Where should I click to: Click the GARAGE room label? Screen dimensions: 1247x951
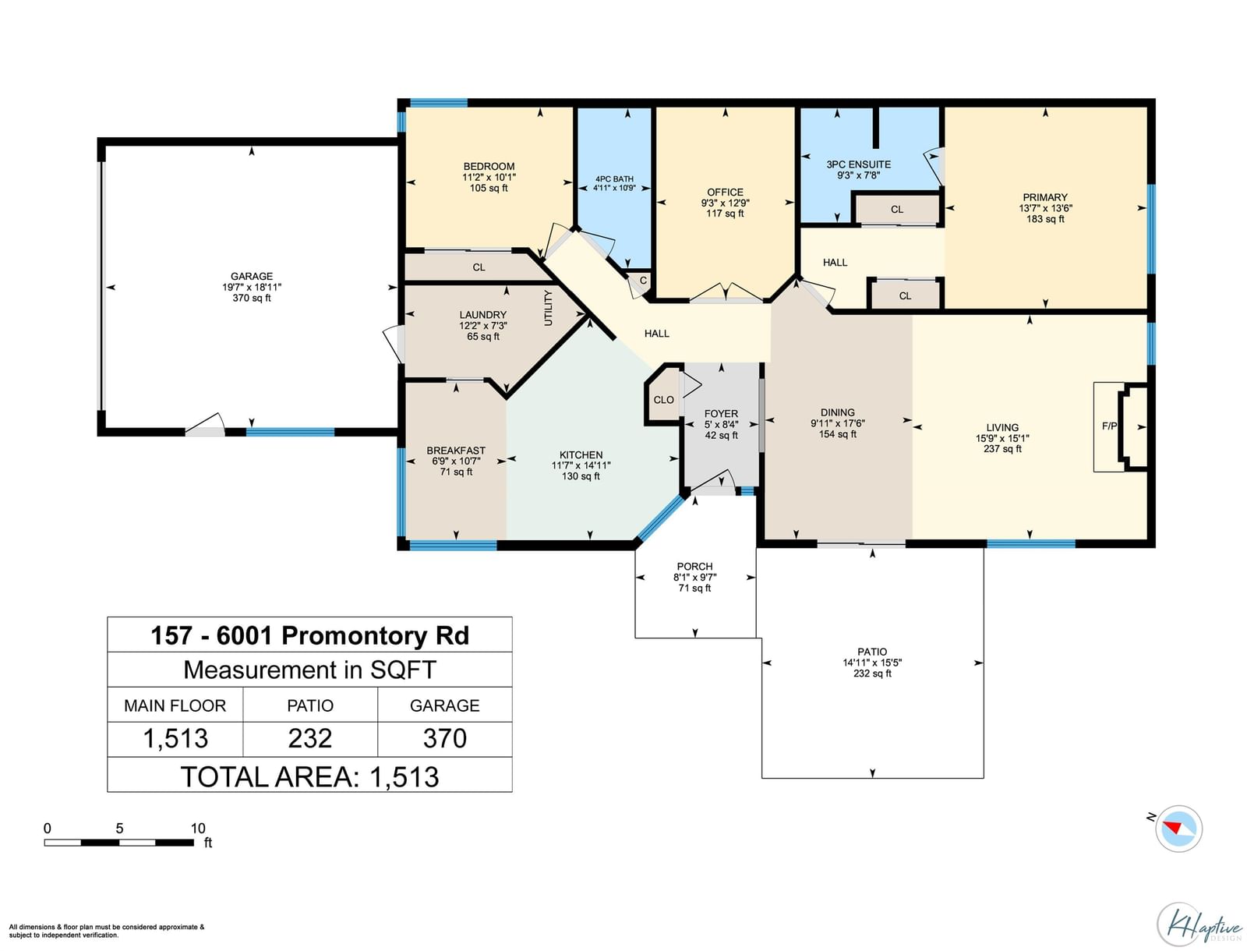(x=251, y=276)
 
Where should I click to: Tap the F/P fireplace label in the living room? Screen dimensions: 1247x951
(x=1109, y=426)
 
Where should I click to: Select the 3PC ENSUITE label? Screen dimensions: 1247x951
(x=858, y=164)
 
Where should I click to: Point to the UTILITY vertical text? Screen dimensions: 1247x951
(x=548, y=308)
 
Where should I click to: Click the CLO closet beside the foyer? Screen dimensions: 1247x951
(x=663, y=399)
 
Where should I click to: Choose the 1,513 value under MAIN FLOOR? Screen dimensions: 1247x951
(x=175, y=738)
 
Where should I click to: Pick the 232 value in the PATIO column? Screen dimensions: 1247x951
(x=309, y=738)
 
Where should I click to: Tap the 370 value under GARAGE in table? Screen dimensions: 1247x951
(x=444, y=738)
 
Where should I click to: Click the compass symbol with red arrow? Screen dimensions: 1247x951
(x=1178, y=828)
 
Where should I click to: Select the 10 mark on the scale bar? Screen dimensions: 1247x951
(x=198, y=828)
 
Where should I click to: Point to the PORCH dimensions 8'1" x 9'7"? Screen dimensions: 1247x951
(x=694, y=577)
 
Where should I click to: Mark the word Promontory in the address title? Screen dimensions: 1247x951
(x=353, y=635)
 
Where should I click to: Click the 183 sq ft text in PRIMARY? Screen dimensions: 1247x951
(x=1045, y=219)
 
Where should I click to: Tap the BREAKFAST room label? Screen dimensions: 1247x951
(x=456, y=451)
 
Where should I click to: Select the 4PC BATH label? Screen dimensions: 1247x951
(x=613, y=179)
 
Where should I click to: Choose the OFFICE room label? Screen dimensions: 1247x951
(x=724, y=192)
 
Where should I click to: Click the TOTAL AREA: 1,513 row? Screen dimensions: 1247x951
(x=309, y=776)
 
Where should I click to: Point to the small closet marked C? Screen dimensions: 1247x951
(x=643, y=281)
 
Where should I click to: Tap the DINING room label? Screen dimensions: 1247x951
(x=837, y=412)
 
